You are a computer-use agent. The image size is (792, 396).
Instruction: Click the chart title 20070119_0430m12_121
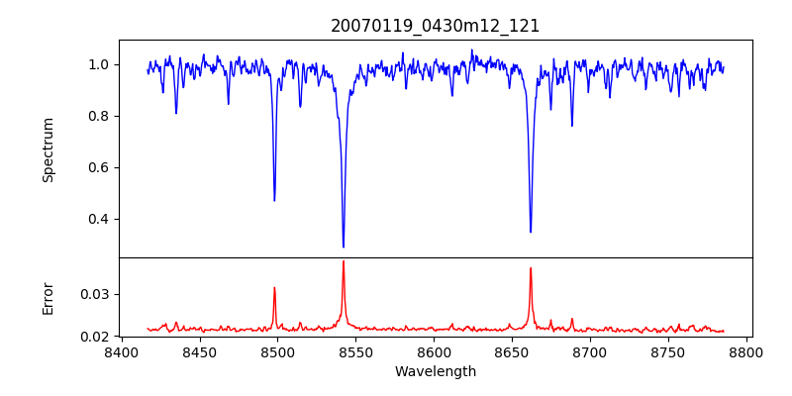tap(436, 26)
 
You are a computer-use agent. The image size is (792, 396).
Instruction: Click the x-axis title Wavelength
tap(436, 372)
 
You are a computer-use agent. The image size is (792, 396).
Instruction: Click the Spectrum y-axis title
tap(49, 149)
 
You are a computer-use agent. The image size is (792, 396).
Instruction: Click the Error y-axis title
tap(49, 298)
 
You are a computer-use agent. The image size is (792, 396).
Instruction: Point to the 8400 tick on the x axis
tap(121, 351)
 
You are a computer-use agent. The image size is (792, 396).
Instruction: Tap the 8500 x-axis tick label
tap(277, 351)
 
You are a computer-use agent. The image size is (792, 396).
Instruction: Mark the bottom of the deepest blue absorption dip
tap(344, 247)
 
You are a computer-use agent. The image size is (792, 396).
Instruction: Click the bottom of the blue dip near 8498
tap(274, 200)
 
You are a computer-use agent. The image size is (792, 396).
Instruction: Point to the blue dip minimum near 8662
tap(531, 232)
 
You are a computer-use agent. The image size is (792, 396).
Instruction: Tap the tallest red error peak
tap(344, 261)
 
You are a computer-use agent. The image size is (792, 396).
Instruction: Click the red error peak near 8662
tap(531, 268)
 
